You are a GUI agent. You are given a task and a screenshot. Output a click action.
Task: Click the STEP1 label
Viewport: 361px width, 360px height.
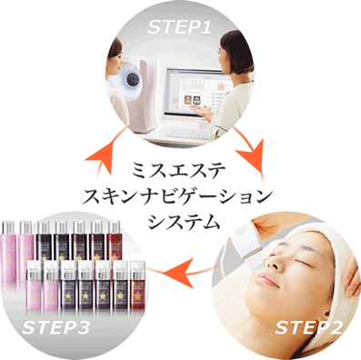click(179, 26)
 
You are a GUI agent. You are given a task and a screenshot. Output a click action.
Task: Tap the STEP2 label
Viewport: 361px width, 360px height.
click(308, 327)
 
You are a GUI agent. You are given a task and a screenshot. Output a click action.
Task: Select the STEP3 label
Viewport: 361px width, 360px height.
click(55, 327)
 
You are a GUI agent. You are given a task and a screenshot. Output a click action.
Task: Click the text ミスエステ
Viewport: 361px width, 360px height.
click(178, 170)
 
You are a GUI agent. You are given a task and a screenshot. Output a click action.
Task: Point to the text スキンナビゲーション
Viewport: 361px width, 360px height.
click(177, 197)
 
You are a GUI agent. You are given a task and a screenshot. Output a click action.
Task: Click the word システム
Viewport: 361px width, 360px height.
click(184, 222)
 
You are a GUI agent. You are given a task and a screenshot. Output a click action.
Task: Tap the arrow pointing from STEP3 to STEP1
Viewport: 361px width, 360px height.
click(107, 152)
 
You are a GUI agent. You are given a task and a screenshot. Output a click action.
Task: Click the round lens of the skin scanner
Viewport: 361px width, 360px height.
click(133, 79)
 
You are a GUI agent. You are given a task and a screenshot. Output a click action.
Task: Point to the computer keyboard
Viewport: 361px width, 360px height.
click(187, 134)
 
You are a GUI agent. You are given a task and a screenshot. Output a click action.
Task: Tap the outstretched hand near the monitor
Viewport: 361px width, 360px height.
click(203, 112)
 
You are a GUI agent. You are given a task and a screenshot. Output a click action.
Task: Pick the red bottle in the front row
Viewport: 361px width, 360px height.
click(137, 285)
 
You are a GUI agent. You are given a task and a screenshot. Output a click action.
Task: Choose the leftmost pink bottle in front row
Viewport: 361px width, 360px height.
click(34, 285)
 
